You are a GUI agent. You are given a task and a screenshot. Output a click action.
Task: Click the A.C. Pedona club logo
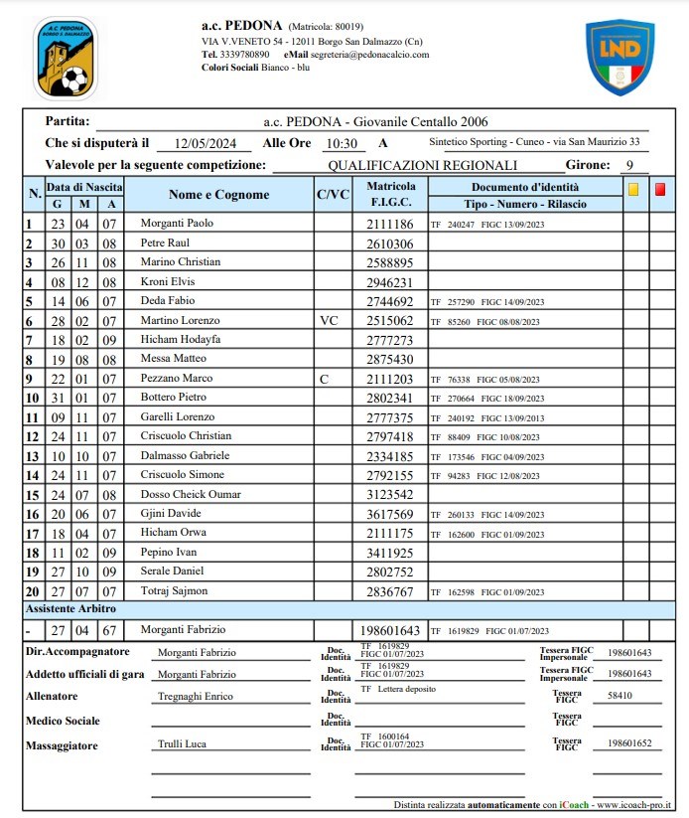(x=66, y=58)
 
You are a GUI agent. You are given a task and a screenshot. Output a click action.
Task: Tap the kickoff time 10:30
(x=341, y=143)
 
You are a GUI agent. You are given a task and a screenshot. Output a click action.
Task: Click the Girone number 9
(x=629, y=166)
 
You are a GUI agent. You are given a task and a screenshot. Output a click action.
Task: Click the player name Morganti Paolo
(x=177, y=224)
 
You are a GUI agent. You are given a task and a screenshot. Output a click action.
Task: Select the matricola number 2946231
(x=390, y=281)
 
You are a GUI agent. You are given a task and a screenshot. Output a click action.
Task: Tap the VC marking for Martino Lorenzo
(x=331, y=320)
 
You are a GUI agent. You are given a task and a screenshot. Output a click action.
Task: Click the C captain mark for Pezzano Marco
(x=323, y=379)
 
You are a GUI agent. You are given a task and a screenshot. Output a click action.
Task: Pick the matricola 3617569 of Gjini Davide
(x=390, y=513)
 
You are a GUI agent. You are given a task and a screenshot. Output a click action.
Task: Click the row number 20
(x=32, y=590)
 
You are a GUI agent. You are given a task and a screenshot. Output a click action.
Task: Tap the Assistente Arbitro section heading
(x=70, y=607)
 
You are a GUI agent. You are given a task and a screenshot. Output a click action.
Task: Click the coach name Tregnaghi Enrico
(x=196, y=697)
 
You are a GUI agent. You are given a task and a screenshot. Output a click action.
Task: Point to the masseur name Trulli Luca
(x=182, y=743)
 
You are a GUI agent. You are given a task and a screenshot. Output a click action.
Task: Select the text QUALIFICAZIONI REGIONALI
(x=423, y=166)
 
